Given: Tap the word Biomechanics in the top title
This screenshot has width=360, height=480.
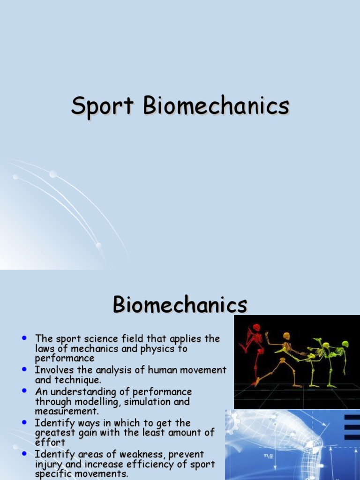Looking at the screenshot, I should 216,106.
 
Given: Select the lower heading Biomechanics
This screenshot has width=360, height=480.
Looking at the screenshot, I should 180,305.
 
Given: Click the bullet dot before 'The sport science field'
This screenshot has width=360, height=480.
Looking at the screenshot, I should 24,337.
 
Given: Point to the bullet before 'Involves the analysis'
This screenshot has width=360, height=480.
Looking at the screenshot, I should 24,369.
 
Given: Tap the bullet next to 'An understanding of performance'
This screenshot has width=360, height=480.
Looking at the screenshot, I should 24,391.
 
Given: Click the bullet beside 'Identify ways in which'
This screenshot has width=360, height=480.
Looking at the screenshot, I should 24,423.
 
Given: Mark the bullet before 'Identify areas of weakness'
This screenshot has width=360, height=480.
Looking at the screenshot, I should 24,454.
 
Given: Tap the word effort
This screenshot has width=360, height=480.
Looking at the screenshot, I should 50,442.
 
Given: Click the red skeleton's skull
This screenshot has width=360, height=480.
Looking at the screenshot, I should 256,327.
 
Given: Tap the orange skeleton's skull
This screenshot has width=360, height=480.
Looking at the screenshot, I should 286,336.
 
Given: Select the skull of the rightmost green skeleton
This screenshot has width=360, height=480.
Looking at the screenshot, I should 345,344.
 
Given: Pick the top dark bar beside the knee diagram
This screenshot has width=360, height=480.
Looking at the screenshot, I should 352,417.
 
